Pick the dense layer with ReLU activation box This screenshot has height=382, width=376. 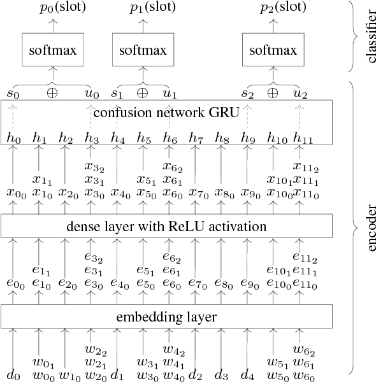[167, 225]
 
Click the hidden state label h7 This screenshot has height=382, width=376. [195, 137]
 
